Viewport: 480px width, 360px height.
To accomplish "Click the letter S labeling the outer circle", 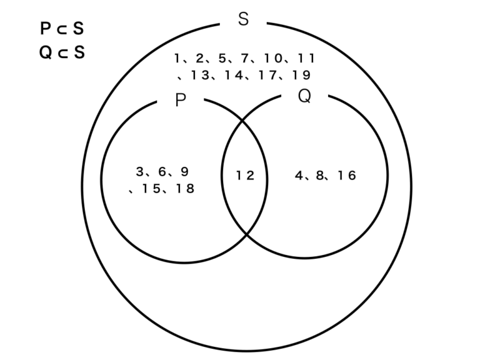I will (x=244, y=19).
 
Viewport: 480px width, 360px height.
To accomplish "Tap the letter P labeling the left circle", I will (x=181, y=101).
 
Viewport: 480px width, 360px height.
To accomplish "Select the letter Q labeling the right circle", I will (x=304, y=96).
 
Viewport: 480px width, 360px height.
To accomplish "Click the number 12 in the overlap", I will (x=245, y=176).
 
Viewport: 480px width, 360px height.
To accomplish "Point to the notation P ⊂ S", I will (x=61, y=29).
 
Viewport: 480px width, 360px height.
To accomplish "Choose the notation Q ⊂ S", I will (x=61, y=52).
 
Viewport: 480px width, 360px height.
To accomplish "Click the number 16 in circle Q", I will (x=346, y=176).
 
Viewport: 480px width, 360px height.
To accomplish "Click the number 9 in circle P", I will (x=184, y=171).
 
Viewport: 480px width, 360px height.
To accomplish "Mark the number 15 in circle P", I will (x=150, y=188).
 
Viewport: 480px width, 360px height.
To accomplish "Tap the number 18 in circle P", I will (x=185, y=188).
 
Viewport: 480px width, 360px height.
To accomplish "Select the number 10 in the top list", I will (x=273, y=59).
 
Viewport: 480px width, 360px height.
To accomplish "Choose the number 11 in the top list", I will (x=306, y=59).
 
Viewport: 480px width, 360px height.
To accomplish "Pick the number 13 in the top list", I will (x=201, y=75).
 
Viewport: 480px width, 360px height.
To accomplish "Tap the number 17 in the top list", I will (x=268, y=75).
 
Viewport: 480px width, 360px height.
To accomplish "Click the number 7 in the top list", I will (x=245, y=59).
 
